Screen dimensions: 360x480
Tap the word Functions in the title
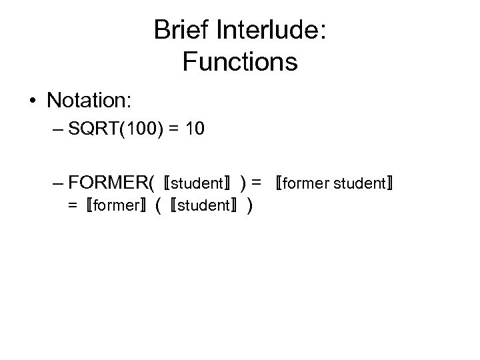tap(239, 62)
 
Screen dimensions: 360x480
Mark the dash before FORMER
tap(57, 181)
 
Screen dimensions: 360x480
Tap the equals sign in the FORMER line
tap(257, 182)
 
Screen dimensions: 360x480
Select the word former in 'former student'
tap(305, 183)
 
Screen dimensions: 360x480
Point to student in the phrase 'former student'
tap(359, 183)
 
